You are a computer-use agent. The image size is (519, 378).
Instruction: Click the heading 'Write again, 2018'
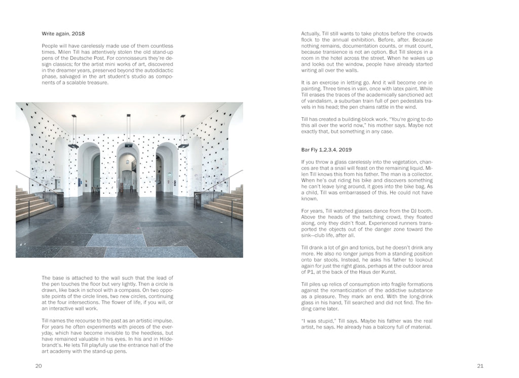[63, 34]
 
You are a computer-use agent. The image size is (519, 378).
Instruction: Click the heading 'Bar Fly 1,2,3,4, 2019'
[326, 150]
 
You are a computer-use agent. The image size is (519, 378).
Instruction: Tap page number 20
[39, 365]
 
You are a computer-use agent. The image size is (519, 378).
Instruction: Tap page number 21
[480, 365]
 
